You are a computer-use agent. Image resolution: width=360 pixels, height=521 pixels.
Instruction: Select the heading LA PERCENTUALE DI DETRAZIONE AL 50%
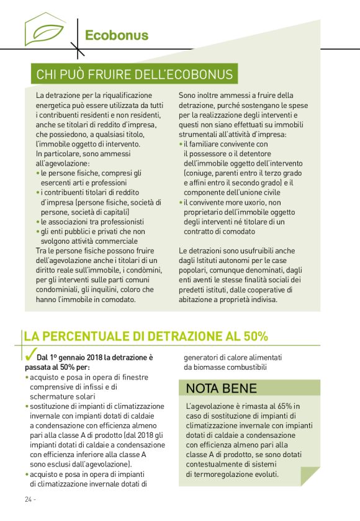(146, 337)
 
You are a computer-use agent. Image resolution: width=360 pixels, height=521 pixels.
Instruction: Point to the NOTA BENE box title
(214, 389)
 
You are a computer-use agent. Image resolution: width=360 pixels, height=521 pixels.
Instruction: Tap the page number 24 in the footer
(29, 499)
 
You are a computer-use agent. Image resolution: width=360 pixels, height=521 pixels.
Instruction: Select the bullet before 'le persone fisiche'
(38, 173)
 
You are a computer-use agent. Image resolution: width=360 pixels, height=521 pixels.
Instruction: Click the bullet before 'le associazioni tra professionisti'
(38, 221)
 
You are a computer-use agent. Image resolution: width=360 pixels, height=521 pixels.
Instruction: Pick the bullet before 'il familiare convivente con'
(181, 144)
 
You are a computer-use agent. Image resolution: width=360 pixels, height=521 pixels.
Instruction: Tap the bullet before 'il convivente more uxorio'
(181, 202)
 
